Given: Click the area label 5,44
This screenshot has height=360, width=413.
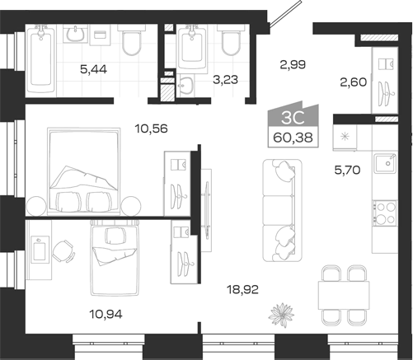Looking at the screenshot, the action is tap(93, 69).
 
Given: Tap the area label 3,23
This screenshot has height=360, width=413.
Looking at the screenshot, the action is tap(226, 80).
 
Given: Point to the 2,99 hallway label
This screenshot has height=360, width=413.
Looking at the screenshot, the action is tap(293, 65).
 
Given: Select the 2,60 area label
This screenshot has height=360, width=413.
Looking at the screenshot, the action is tap(354, 82).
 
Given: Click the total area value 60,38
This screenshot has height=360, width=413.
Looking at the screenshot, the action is tap(293, 138).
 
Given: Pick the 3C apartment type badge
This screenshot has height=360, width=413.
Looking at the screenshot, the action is tap(293, 118).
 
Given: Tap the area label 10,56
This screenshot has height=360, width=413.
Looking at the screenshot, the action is tap(151, 129).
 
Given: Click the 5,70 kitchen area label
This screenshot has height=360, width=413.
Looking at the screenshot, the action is tap(347, 171).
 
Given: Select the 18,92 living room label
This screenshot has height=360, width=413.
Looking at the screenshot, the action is tap(242, 289).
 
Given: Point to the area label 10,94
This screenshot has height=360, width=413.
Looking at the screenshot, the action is tap(106, 314).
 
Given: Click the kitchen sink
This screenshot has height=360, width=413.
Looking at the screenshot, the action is tap(385, 163).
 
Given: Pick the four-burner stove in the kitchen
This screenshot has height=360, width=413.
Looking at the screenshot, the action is tap(385, 213).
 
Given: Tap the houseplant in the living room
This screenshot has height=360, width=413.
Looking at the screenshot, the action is tap(281, 315).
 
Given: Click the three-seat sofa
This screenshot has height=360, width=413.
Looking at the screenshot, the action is tap(282, 210).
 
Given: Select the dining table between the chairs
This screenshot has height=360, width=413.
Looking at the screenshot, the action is tap(344, 295).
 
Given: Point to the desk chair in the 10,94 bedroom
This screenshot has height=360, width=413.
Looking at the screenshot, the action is tap(63, 251).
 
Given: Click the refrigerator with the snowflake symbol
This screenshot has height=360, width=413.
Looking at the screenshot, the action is tap(345, 138).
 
